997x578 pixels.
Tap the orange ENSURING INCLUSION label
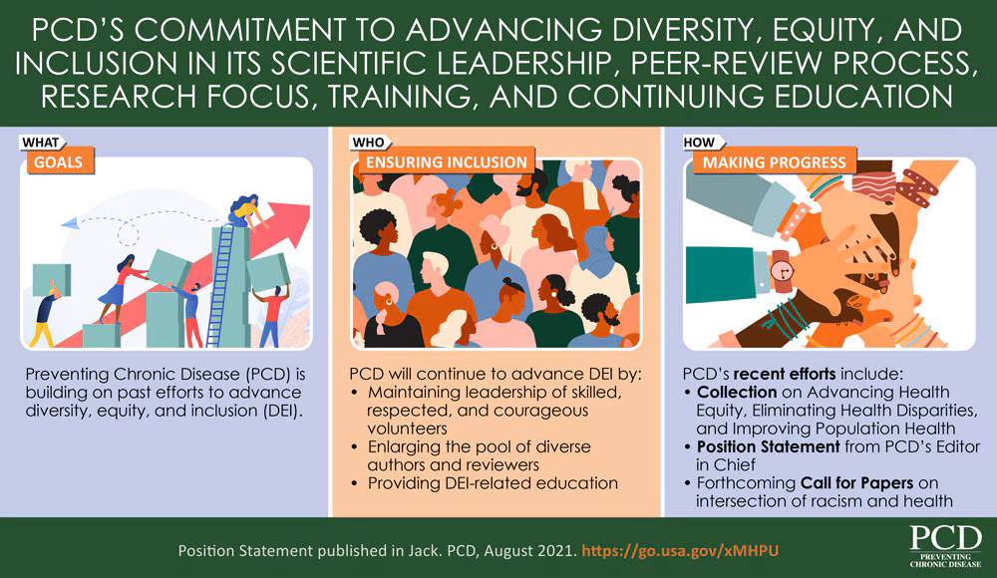coord(445,161)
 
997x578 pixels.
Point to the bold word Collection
coord(736,392)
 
